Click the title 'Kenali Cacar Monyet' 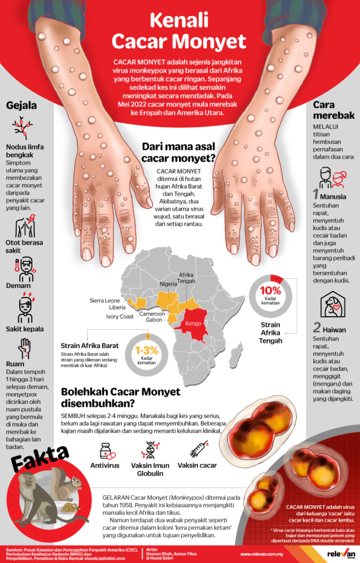pos(179,32)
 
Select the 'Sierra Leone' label pos(105,300)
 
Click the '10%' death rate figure pos(270,291)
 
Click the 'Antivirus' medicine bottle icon pos(106,450)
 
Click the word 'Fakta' pos(40,455)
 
